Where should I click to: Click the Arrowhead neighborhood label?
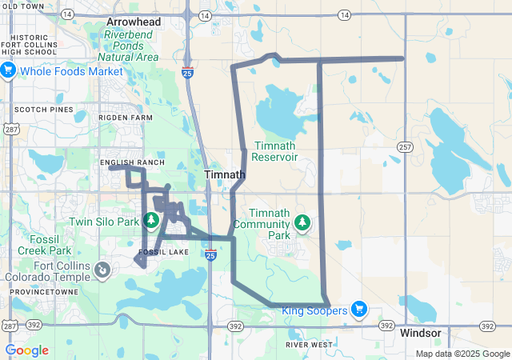point(134,21)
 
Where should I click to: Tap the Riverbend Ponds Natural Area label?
point(132,46)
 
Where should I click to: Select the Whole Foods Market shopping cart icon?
point(9,70)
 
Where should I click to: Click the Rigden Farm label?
point(125,118)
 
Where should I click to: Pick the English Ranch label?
point(133,162)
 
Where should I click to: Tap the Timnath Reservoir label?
point(275,151)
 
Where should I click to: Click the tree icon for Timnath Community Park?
point(302,222)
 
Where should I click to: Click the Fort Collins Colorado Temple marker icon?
point(102,270)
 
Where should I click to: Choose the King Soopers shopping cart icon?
point(358,310)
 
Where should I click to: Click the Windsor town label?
point(421,333)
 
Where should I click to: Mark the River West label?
point(309,345)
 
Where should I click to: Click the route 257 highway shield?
point(405,147)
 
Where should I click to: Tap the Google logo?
point(27,350)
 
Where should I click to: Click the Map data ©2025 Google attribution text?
point(462,354)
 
